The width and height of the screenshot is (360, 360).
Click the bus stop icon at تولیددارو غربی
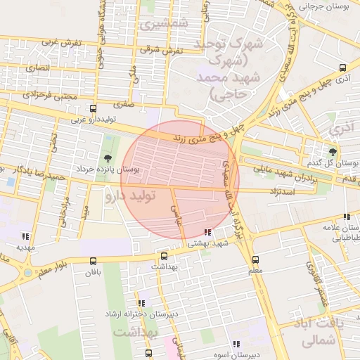93,109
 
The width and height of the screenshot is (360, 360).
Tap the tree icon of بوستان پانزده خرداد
108,158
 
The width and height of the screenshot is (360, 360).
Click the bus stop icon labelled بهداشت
164,257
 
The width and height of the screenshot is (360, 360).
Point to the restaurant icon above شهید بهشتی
207,232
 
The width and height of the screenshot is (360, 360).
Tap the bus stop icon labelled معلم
255,259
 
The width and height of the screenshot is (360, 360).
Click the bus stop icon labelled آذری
342,68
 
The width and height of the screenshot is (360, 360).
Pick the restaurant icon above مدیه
26,236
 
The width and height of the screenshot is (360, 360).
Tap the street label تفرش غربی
61,43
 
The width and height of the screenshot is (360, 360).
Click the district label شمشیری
163,23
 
